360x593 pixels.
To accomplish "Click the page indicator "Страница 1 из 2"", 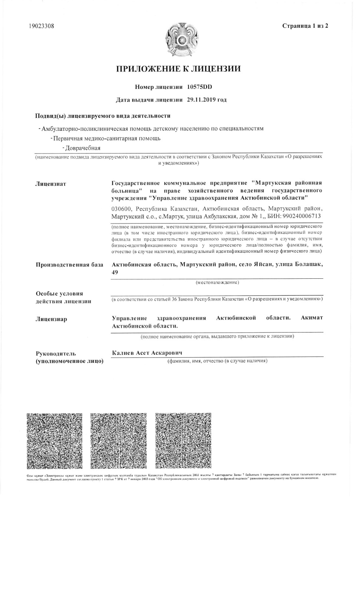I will point(305,26).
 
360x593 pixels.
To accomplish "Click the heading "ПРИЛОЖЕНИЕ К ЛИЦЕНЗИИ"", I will point(179,69).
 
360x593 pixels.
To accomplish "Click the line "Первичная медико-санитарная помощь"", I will point(107,139).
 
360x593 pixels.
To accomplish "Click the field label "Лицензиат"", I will point(50,184).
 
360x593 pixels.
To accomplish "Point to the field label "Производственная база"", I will point(69,265).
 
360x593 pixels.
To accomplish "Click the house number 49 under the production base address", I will point(115,272).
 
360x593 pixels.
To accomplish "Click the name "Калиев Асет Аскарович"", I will point(147,353).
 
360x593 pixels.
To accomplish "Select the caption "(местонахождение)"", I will point(217,282).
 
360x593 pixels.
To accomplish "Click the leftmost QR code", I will point(55,441).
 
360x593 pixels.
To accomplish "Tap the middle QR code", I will point(118,441).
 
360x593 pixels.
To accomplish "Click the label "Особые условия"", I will point(59,294).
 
